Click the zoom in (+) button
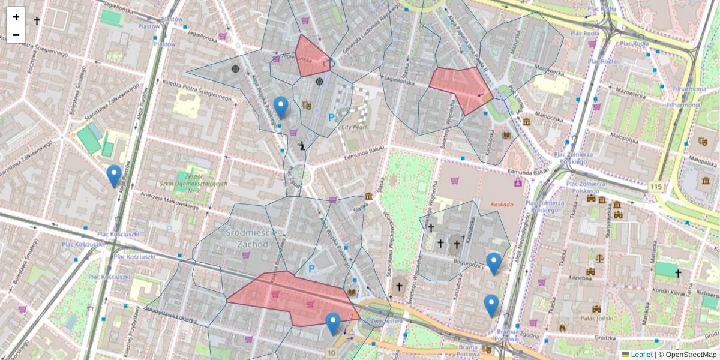coord(16,17)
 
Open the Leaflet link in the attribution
coord(641,355)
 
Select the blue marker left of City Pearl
coord(281,107)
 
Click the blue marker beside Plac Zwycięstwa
coord(333,323)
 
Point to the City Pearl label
coord(354,127)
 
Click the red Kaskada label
coord(502,205)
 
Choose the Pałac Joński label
coord(595,317)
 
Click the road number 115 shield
coord(656,187)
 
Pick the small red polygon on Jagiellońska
coord(312,57)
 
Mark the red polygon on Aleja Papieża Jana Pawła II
coord(461,87)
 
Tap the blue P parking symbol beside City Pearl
coord(331,119)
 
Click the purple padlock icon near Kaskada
coord(517,181)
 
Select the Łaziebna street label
coord(580,278)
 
